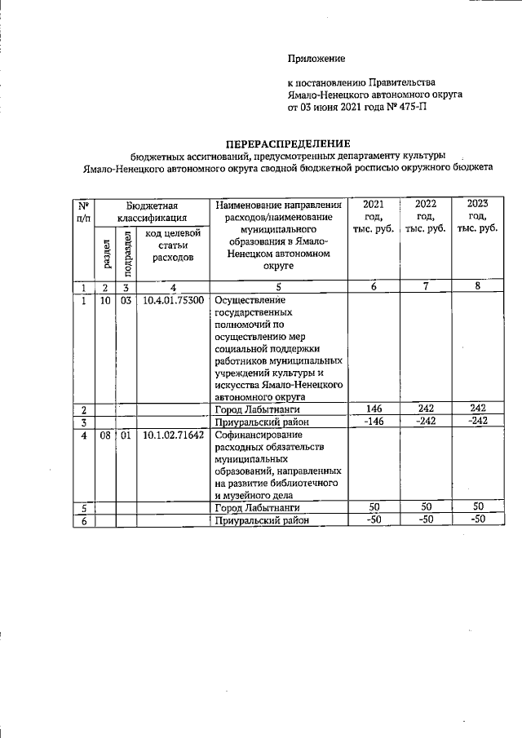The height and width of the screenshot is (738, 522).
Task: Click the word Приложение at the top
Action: [316, 58]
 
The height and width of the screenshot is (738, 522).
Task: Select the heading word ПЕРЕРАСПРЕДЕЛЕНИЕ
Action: [281, 144]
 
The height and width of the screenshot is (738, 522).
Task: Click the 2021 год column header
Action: [373, 216]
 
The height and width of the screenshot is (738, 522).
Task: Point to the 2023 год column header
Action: [477, 216]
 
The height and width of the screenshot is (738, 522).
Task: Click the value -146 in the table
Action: [373, 421]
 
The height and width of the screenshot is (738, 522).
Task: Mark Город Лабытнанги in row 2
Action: [256, 409]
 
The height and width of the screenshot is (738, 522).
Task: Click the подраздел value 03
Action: [126, 300]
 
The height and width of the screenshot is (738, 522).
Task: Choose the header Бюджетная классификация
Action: [152, 211]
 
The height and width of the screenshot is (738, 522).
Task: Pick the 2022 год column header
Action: [425, 216]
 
